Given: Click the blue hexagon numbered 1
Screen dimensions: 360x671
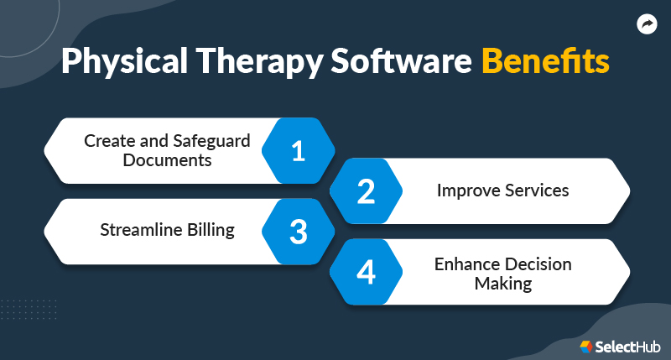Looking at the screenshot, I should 298,151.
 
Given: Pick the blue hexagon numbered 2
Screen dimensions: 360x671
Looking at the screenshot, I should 366,191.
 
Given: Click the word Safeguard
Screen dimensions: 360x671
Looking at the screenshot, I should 212,141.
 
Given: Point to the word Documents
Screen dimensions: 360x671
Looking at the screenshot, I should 167,159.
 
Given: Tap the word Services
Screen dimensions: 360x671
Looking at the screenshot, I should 536,190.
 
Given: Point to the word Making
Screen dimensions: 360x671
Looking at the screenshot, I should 502,284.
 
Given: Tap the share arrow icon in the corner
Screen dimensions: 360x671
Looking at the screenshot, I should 647,25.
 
